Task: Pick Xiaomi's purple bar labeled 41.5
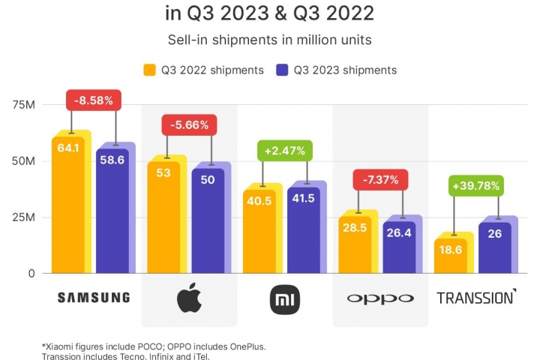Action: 304,229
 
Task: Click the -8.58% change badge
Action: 94,100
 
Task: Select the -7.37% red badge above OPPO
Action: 379,181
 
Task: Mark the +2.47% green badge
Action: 283,151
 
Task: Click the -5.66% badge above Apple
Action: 189,125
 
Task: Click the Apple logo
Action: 189,298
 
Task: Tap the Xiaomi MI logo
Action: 284,298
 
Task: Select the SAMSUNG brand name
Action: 94,298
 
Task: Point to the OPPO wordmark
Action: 379,298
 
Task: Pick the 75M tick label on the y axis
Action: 22,104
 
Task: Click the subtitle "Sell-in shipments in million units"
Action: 269,39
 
